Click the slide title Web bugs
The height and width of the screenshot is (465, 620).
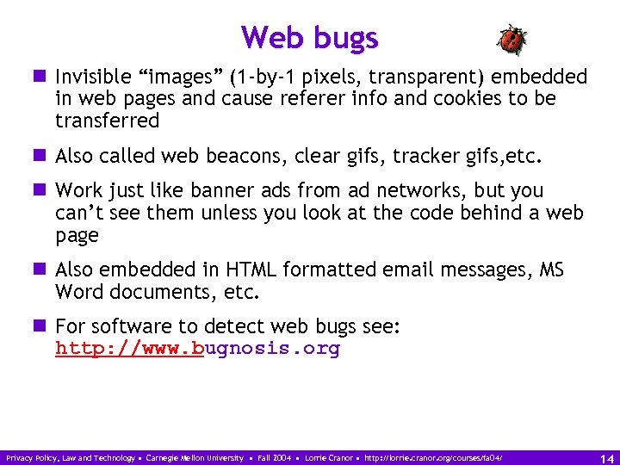pyautogui.click(x=309, y=38)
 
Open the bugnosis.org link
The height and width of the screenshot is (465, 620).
pyautogui.click(x=197, y=349)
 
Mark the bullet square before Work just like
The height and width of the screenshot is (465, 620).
pyautogui.click(x=41, y=190)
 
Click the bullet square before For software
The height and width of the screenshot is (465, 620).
pyautogui.click(x=41, y=326)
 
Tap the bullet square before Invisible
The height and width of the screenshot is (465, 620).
pyautogui.click(x=41, y=77)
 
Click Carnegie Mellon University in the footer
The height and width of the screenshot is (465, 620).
pyautogui.click(x=195, y=457)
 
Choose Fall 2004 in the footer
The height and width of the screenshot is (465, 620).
pyautogui.click(x=275, y=457)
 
